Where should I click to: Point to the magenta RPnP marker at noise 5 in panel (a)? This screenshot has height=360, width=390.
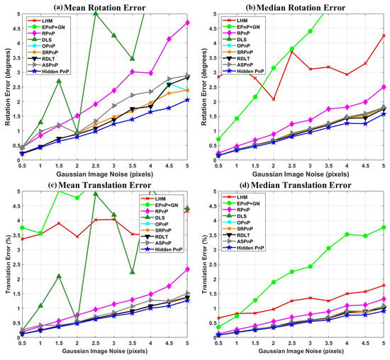coord(187,23)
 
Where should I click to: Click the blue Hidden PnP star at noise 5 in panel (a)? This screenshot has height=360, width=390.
coord(187,100)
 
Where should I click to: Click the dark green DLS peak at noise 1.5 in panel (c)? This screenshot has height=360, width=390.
coord(60,276)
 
